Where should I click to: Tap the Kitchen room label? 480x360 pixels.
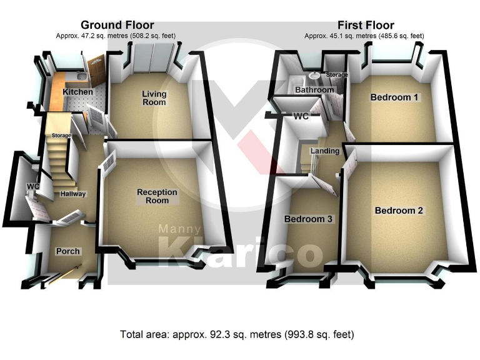[x=77, y=92]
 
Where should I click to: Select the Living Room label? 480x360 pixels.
[x=154, y=97]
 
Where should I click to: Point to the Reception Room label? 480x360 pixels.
[x=157, y=196]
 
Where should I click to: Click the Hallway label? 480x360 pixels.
[x=73, y=194]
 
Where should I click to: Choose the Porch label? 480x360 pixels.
[x=68, y=251]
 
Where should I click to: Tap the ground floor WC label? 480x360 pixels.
[x=32, y=187]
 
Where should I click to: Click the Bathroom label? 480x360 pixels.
[x=314, y=90]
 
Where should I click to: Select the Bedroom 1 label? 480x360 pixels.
[x=394, y=97]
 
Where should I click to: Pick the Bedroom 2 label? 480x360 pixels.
[x=399, y=211]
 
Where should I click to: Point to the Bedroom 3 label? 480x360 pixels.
[x=309, y=219]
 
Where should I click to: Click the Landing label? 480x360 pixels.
[x=325, y=151]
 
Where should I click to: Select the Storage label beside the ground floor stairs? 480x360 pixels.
[x=61, y=135]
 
